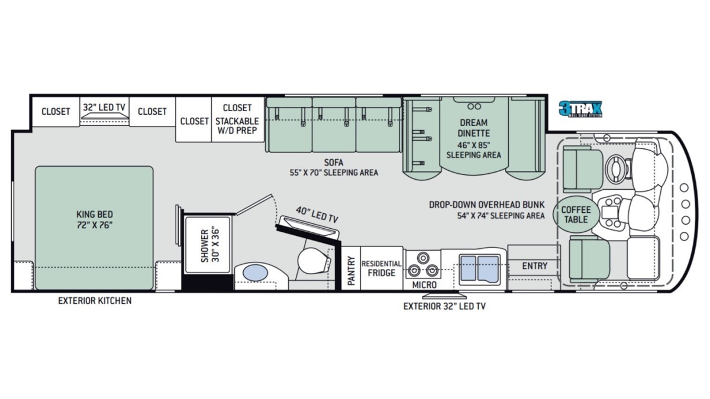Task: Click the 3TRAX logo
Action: tap(580, 109)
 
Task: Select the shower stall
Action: tap(207, 245)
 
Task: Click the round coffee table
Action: tap(576, 215)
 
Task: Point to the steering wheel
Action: tap(616, 168)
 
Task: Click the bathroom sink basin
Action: tap(255, 273)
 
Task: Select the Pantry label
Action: tap(351, 271)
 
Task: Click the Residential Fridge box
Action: tap(382, 268)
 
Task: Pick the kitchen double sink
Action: tap(480, 269)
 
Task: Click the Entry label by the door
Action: tap(535, 265)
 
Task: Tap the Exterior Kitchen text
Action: tap(95, 300)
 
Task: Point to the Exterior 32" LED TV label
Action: tap(444, 306)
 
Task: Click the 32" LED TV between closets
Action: tap(104, 112)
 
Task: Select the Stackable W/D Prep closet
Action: tap(237, 119)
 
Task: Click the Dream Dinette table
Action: tap(474, 136)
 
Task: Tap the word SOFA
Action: tap(334, 163)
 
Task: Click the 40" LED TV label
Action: tap(317, 215)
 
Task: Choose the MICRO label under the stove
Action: tap(424, 285)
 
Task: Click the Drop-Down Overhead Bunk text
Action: tap(486, 205)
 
